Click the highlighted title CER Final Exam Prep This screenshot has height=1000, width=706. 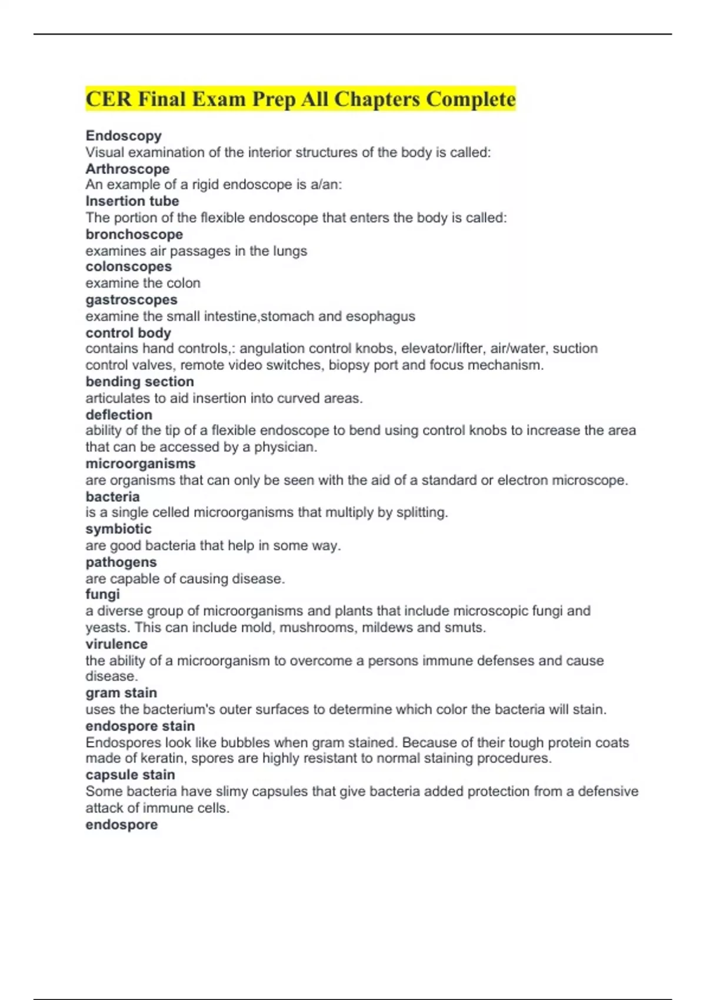[300, 99]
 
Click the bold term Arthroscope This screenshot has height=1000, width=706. [127, 169]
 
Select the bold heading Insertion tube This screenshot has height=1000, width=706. [132, 201]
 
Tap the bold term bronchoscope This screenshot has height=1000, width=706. [134, 234]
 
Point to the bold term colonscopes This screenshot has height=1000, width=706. [128, 267]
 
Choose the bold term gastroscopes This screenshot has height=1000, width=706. [131, 300]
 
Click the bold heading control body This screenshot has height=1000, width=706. [128, 333]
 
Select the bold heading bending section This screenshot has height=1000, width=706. [139, 382]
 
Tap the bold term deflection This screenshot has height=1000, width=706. [118, 415]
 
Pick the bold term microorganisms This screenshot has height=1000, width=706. [140, 464]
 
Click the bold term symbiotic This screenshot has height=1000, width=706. [118, 529]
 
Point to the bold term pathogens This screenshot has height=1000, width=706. [121, 562]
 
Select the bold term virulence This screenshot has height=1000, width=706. [116, 644]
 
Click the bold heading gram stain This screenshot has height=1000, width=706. [121, 693]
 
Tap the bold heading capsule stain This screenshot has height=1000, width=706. [130, 775]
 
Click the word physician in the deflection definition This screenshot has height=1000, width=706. [285, 447]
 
